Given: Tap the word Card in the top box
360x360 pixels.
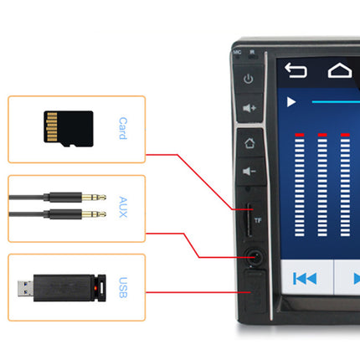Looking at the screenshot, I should pyautogui.click(x=122, y=128).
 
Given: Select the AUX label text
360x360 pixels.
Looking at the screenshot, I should pyautogui.click(x=122, y=206).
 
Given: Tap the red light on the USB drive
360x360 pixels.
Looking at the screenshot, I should pyautogui.click(x=102, y=287).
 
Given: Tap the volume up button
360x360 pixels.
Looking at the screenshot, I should pyautogui.click(x=249, y=107).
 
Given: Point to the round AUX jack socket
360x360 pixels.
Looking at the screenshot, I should pyautogui.click(x=249, y=255).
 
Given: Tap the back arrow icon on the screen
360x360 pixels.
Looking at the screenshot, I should pyautogui.click(x=296, y=69).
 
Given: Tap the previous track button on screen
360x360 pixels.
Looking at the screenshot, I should pyautogui.click(x=305, y=278).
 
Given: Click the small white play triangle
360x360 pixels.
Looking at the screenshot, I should pyautogui.click(x=291, y=102).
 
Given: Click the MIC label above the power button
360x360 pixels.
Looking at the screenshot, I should pyautogui.click(x=238, y=52).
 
